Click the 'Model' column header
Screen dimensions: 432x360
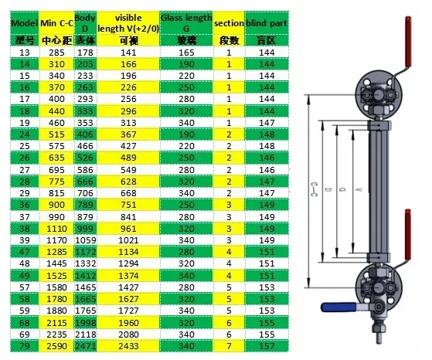[24, 23]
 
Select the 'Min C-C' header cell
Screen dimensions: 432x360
[56, 23]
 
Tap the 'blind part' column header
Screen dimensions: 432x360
[267, 23]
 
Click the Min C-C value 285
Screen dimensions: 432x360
[56, 53]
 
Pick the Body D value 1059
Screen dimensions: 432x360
[86, 240]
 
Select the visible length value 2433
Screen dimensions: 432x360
[128, 346]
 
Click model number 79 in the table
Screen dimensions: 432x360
[24, 346]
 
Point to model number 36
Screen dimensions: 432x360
[24, 205]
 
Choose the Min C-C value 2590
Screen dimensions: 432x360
[56, 346]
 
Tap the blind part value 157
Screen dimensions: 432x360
[267, 346]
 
